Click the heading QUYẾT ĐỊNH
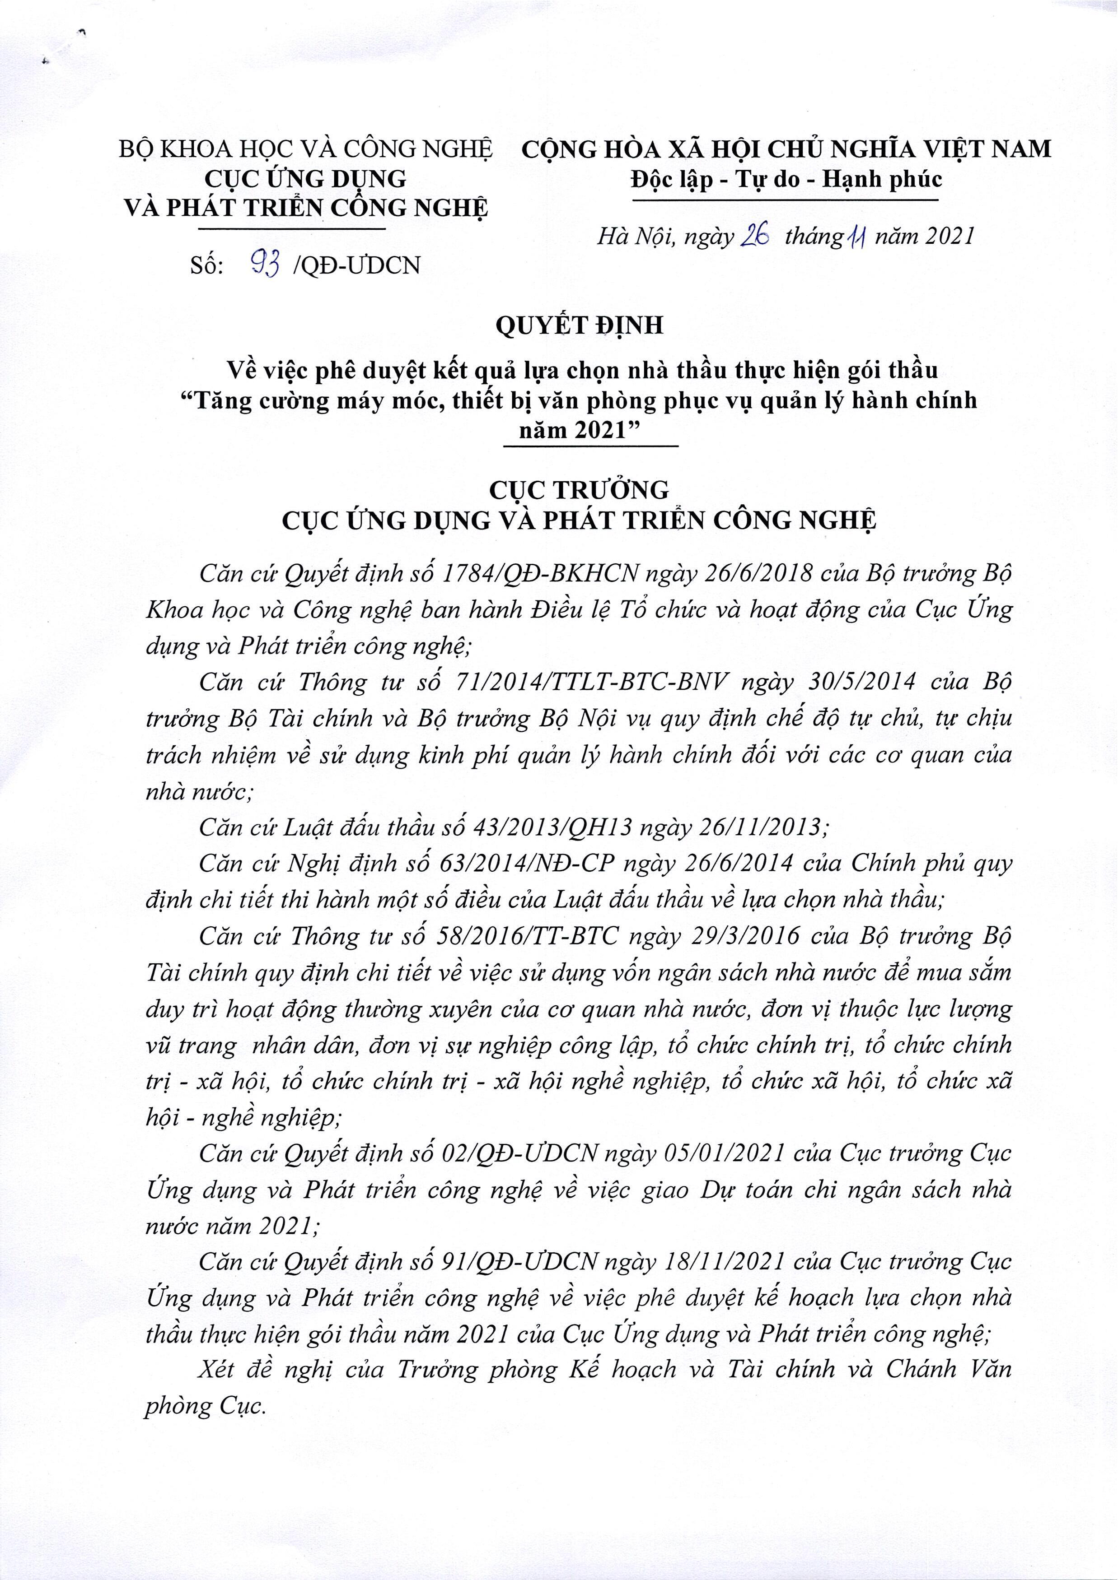click(x=579, y=325)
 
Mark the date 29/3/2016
click(x=737, y=935)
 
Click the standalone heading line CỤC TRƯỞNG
click(x=579, y=489)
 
